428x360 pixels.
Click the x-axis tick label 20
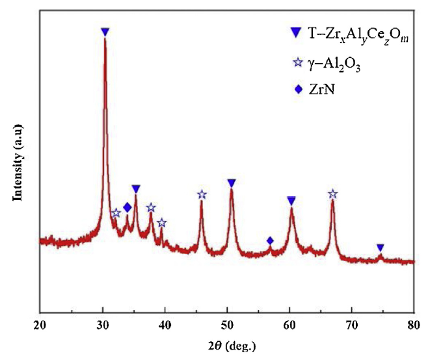click(40, 325)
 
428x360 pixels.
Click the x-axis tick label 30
click(103, 325)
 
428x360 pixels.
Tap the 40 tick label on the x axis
click(165, 325)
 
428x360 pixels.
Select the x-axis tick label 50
click(227, 325)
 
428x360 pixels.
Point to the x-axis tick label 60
click(289, 325)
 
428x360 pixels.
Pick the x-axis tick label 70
click(352, 325)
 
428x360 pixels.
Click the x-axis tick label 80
click(414, 325)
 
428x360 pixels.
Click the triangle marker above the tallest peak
click(105, 32)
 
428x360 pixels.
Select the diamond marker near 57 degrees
click(270, 241)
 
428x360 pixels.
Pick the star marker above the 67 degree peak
click(332, 194)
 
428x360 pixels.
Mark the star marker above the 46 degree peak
click(202, 194)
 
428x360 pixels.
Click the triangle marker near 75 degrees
click(381, 248)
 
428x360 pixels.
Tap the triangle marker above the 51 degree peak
click(232, 183)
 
